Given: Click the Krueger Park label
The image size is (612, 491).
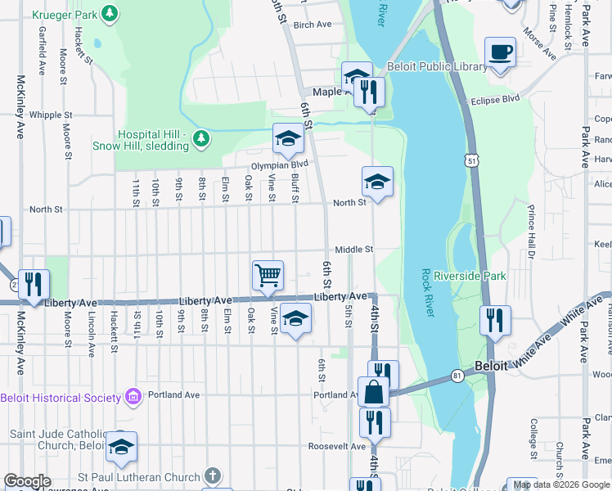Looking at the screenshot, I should (x=64, y=14).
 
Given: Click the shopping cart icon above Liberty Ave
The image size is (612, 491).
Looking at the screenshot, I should (x=268, y=276).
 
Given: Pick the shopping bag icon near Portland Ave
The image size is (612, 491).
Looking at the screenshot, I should (x=373, y=391).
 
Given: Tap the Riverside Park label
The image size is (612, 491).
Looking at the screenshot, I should (x=470, y=276).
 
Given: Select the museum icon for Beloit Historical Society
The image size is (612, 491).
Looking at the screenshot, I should (x=133, y=398).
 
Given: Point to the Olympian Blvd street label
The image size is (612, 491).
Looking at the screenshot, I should (x=278, y=164).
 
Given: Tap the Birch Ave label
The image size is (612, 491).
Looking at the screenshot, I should (x=312, y=25).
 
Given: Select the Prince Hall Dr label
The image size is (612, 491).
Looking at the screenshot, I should (x=530, y=232).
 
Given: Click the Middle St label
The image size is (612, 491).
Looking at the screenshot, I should (x=353, y=250).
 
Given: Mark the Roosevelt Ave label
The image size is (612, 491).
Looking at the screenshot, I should (x=336, y=447).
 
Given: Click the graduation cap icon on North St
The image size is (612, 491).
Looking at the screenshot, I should (x=377, y=182).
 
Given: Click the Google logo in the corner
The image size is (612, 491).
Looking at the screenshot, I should (x=27, y=482).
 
